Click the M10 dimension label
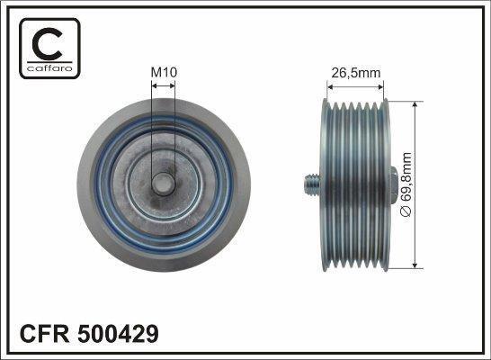164,72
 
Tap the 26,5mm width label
356,73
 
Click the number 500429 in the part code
118,334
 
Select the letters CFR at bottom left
44,334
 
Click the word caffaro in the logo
49,67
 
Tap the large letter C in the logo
48,44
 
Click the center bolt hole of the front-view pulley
163,184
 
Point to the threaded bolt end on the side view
312,184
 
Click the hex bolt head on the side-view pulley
394,184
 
